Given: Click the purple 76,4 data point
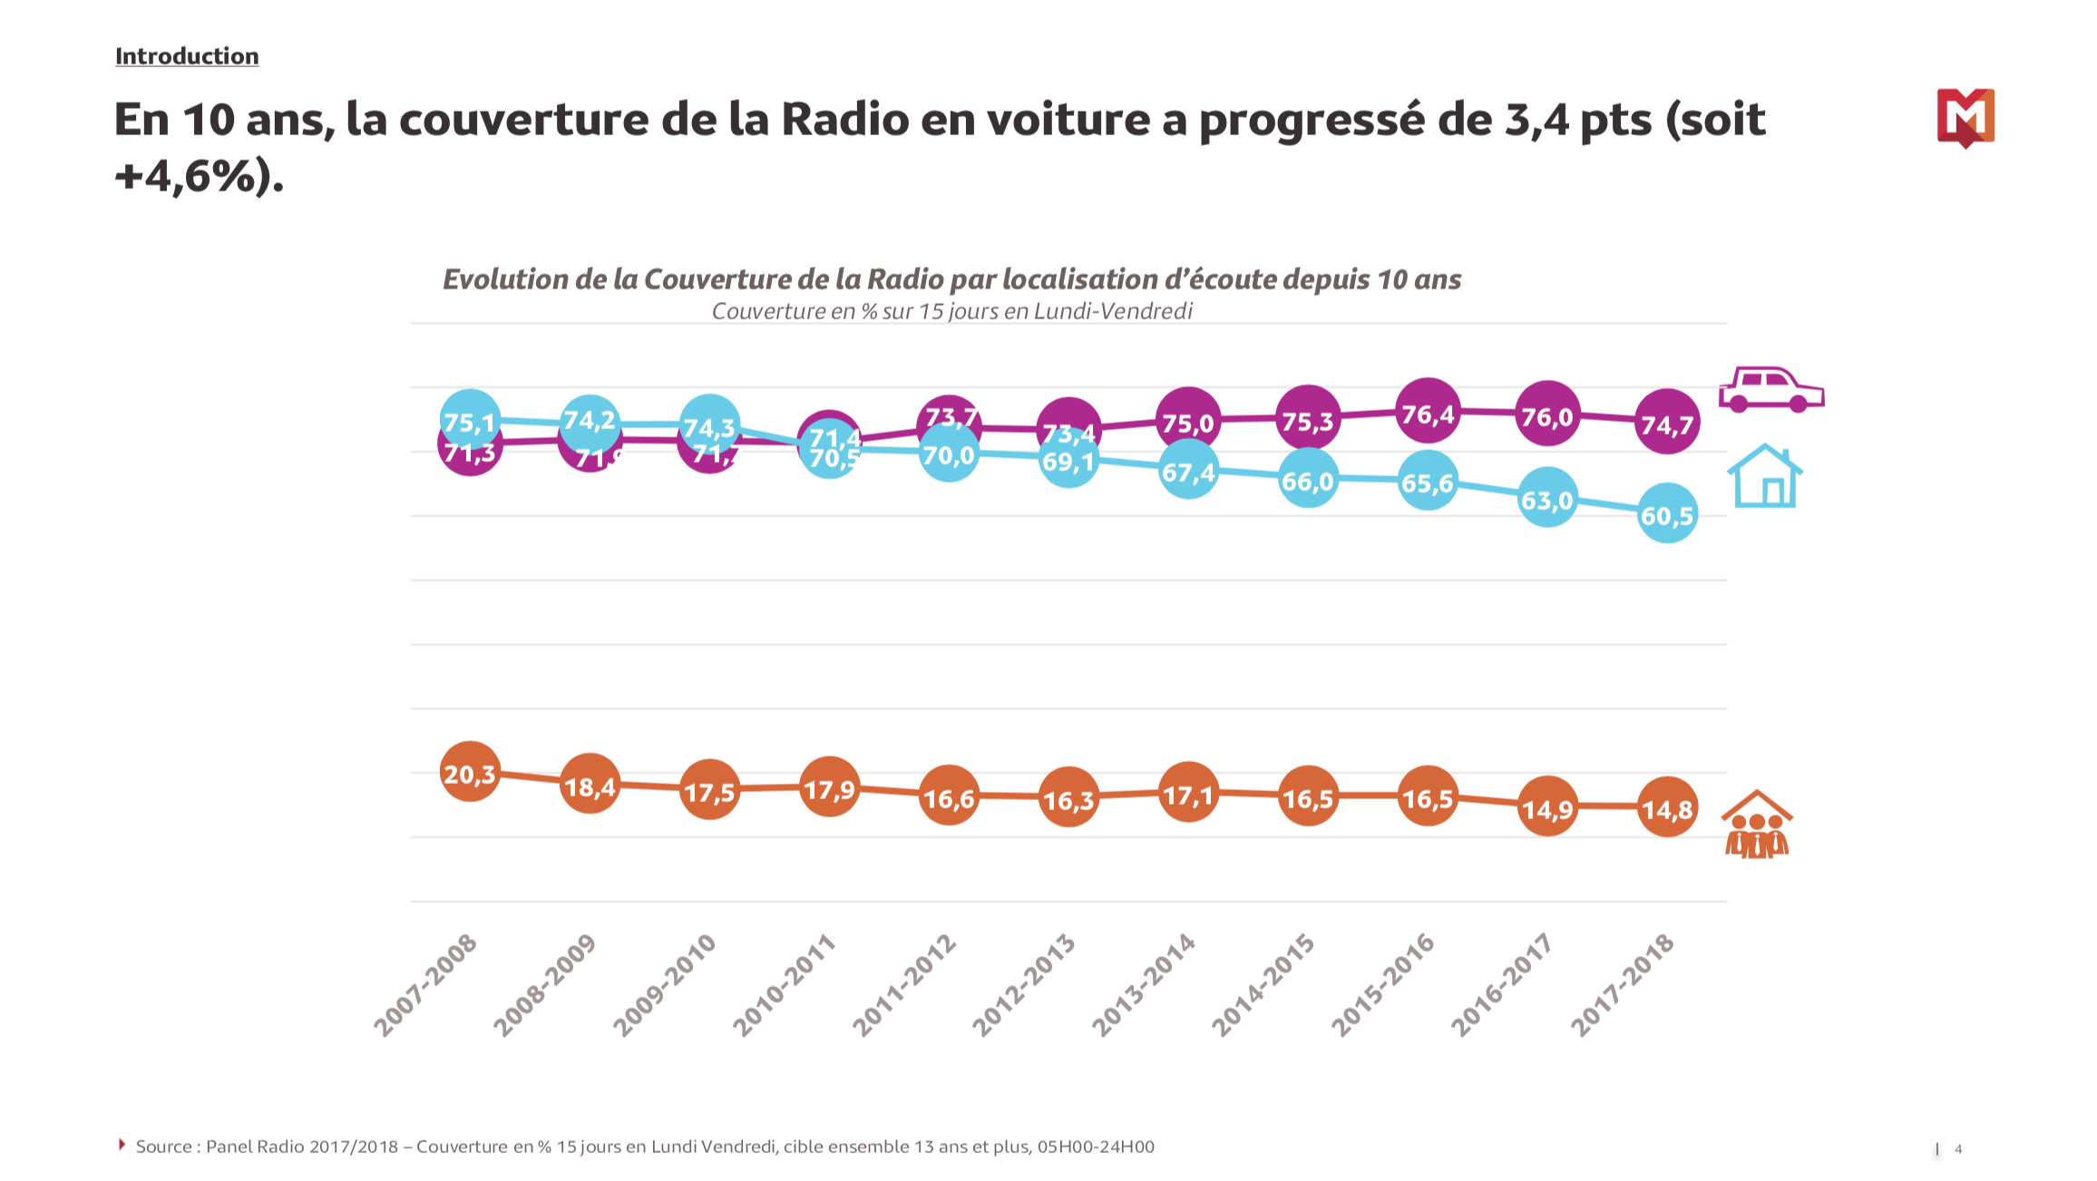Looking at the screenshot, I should tap(1428, 414).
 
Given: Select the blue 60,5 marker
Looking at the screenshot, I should tap(1667, 514).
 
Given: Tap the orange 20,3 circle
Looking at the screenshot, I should tap(470, 772).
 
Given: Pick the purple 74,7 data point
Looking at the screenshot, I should tap(1667, 423).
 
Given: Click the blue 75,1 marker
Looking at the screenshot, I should tap(470, 421).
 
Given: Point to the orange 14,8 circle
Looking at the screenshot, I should tap(1667, 807).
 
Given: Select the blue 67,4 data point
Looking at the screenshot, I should tap(1188, 471).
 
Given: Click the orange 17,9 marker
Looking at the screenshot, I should tap(829, 788).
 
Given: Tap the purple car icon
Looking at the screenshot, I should tap(1770, 390).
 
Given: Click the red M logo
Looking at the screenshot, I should tap(1965, 117).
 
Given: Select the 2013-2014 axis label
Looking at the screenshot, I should tap(1144, 985).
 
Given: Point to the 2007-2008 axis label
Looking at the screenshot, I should tap(425, 985).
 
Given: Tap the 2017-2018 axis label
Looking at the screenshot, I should tap(1623, 985).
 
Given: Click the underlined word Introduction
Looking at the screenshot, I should tap(187, 56).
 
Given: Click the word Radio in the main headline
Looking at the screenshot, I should tap(844, 119).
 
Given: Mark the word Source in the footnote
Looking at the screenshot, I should tap(164, 1147).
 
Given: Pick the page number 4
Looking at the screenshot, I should tap(1958, 1149).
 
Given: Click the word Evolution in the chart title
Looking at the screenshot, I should tap(505, 279).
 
